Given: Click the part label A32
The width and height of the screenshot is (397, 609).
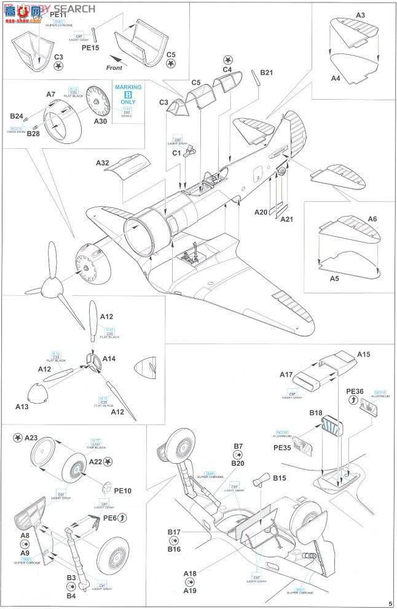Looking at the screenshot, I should pyautogui.click(x=103, y=163).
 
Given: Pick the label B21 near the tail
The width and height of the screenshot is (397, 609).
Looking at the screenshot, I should pyautogui.click(x=266, y=73).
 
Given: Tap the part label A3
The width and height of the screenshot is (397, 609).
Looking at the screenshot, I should pyautogui.click(x=360, y=15).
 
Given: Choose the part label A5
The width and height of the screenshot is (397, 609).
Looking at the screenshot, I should pyautogui.click(x=336, y=279).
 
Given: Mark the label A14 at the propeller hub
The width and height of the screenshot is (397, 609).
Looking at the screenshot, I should pyautogui.click(x=109, y=359).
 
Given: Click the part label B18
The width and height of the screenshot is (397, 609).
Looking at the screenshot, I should pyautogui.click(x=316, y=413).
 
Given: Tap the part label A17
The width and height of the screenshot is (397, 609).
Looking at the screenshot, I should pyautogui.click(x=287, y=374).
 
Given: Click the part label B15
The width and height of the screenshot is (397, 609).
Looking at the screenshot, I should pyautogui.click(x=280, y=477).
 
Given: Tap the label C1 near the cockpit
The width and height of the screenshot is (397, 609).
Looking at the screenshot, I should pyautogui.click(x=175, y=153).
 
